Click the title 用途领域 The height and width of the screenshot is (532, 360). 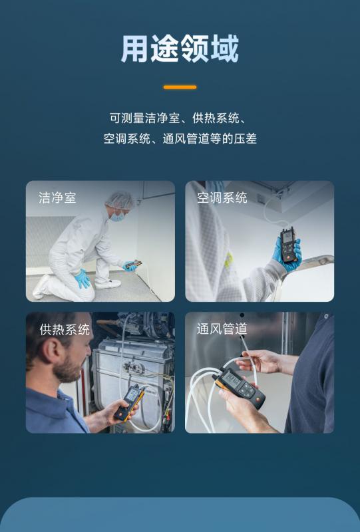coord(180,49)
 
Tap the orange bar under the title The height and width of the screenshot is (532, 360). coord(180,87)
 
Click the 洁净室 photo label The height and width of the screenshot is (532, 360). coord(57,198)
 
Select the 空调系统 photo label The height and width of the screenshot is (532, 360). coord(222,198)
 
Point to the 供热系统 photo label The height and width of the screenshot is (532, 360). coord(65,329)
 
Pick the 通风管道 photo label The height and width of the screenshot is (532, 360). coord(222,329)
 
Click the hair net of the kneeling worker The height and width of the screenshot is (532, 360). coord(120,200)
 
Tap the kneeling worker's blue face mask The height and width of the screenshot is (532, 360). coord(118,215)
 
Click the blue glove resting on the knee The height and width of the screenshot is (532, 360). coord(83,278)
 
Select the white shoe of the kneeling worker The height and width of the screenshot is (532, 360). coord(108,284)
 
